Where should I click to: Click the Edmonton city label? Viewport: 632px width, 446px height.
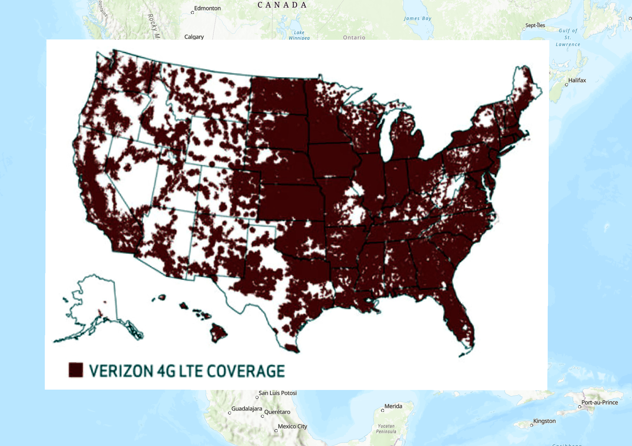[207, 8]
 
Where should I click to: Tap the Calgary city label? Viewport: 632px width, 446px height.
[194, 37]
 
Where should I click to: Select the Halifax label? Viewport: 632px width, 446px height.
[577, 80]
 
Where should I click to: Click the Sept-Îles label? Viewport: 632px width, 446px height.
[535, 25]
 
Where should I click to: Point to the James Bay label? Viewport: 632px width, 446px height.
[418, 19]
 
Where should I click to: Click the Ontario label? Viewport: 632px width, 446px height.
[354, 37]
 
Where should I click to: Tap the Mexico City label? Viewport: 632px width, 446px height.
[292, 426]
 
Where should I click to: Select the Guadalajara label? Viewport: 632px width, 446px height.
[247, 409]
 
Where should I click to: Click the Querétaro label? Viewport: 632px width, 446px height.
[277, 412]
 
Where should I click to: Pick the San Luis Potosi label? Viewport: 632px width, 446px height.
[277, 393]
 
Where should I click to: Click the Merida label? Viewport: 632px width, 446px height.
[393, 406]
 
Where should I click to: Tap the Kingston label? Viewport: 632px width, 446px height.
[544, 421]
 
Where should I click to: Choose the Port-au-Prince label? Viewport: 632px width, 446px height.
[599, 403]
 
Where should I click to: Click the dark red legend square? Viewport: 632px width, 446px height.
[76, 370]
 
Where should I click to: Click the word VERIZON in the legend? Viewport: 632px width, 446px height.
[121, 371]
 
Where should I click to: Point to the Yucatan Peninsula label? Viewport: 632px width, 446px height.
[386, 429]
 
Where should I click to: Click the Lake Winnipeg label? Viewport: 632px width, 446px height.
[299, 35]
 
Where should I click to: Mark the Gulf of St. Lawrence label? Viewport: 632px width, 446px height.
[568, 37]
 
